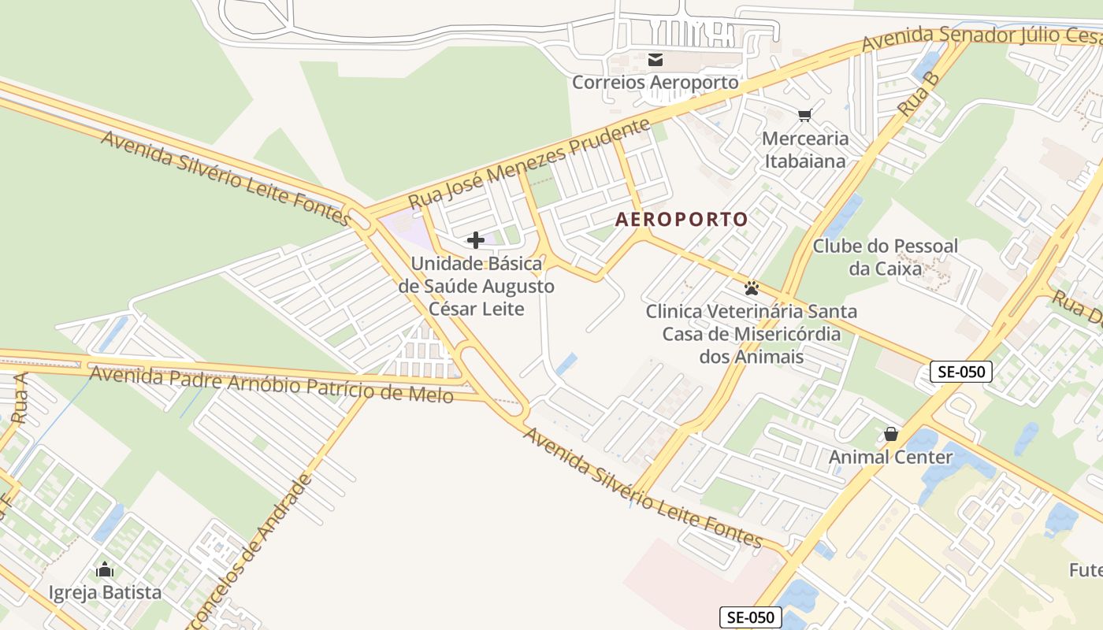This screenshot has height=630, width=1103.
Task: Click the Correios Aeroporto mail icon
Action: click(x=655, y=60)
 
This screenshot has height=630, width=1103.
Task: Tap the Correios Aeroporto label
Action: click(x=655, y=82)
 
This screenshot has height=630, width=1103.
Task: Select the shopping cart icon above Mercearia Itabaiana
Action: click(x=804, y=117)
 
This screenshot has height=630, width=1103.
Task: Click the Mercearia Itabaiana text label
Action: click(x=805, y=150)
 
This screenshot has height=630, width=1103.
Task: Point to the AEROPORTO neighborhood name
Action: click(x=681, y=220)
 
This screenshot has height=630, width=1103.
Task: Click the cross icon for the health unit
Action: click(x=476, y=240)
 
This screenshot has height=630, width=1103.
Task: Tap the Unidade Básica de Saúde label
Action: click(x=477, y=286)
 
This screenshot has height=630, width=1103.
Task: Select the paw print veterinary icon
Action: click(x=752, y=288)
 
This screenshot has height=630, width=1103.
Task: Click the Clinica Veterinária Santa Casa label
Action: click(x=752, y=334)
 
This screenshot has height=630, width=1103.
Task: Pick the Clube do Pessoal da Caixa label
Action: click(x=886, y=257)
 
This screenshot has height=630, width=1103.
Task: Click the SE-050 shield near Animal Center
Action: click(x=960, y=372)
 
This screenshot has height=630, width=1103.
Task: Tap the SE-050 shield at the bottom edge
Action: click(x=750, y=617)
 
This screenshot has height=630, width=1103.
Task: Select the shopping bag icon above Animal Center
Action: click(x=891, y=434)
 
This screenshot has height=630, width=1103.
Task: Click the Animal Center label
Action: click(x=891, y=457)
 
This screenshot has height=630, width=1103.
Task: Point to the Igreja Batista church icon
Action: click(x=105, y=569)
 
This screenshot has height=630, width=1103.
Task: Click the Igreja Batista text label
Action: click(x=105, y=592)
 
